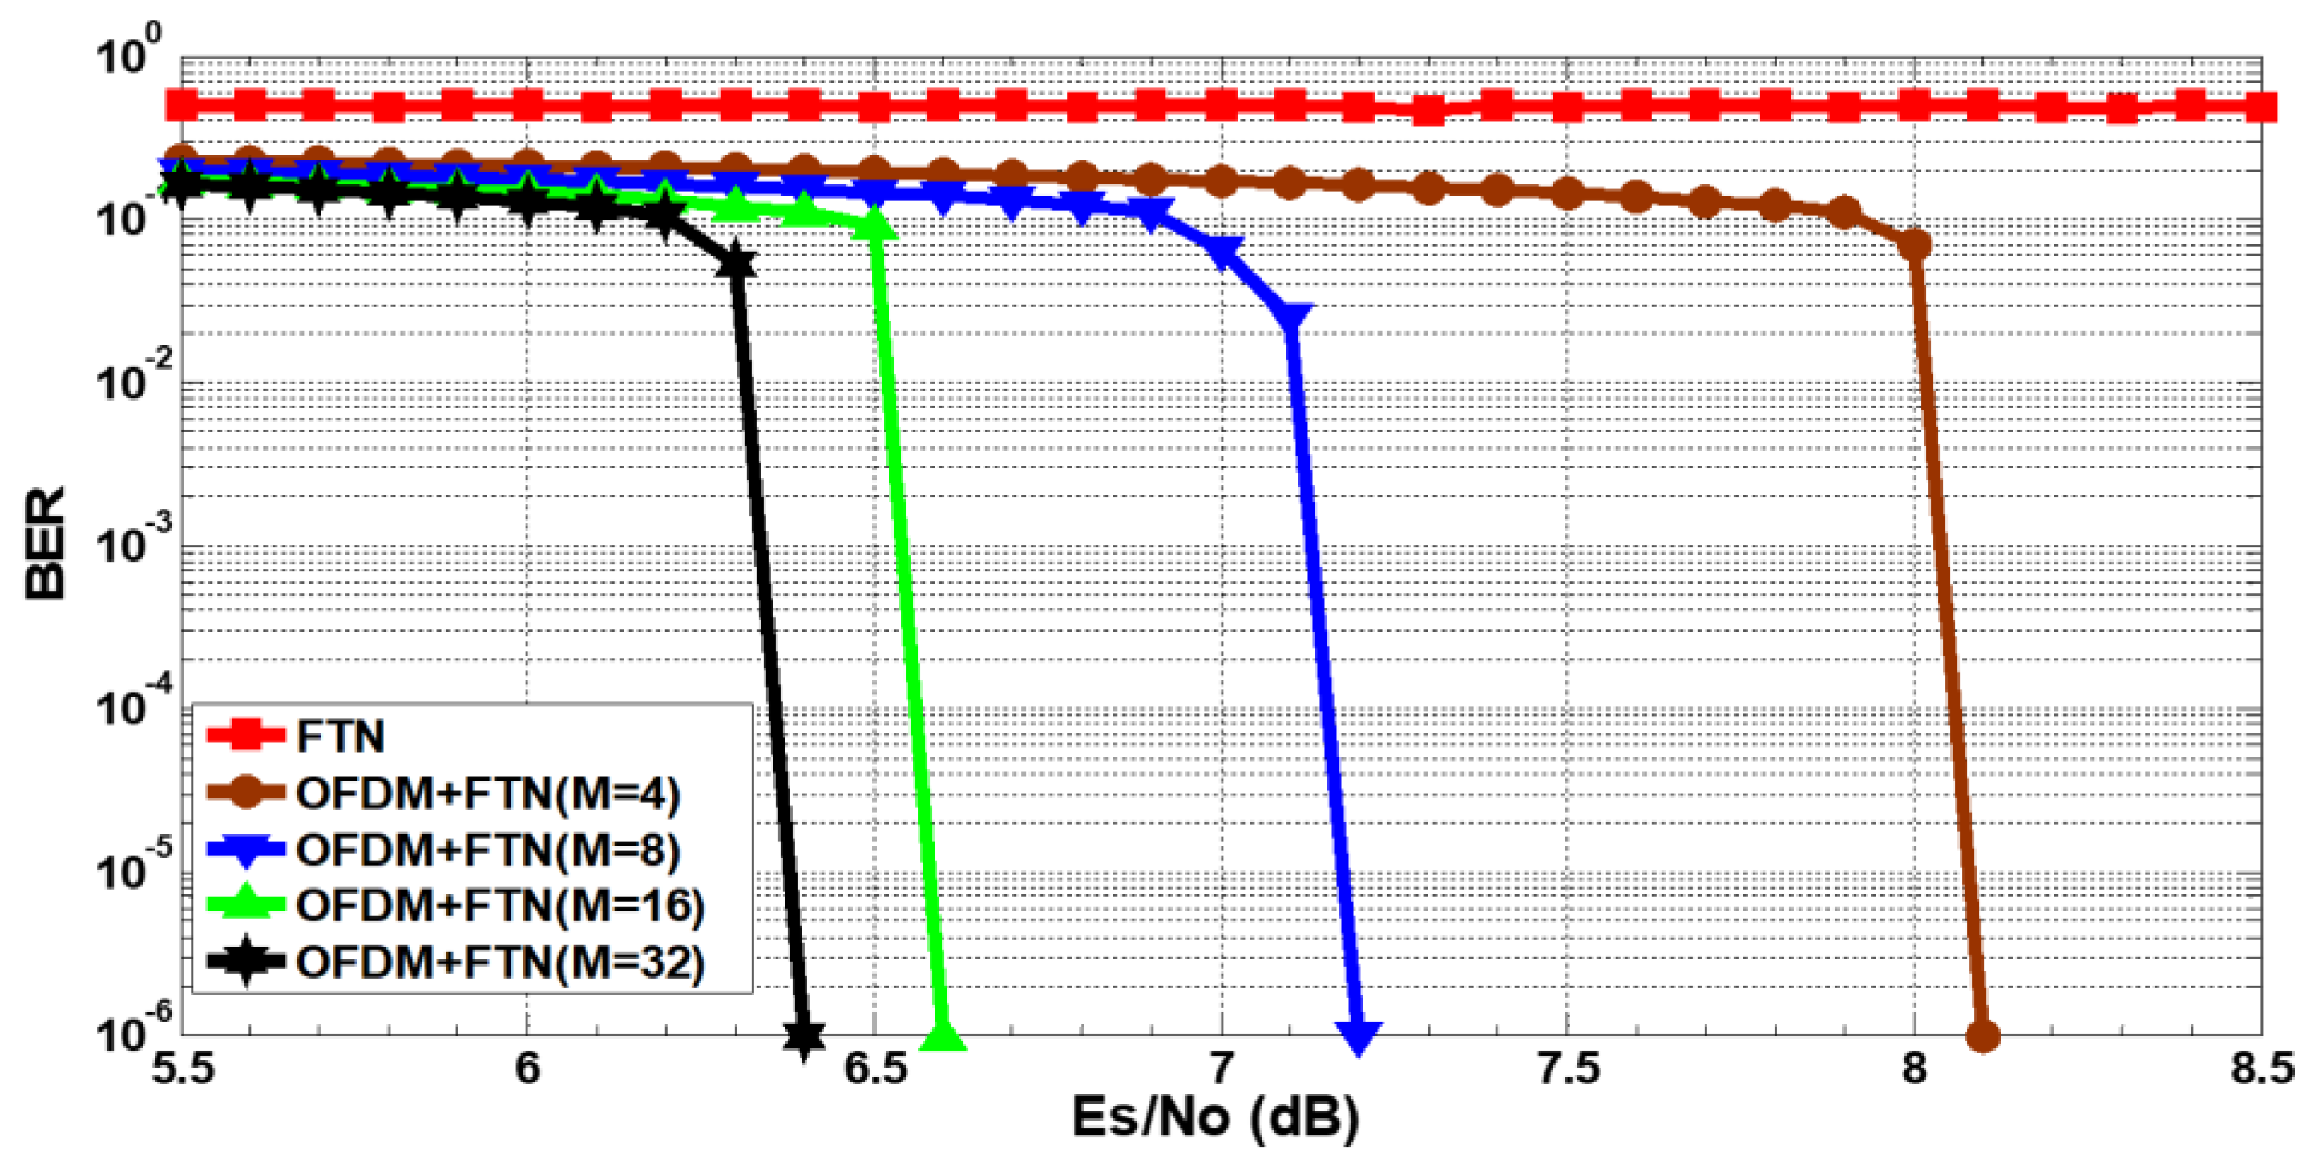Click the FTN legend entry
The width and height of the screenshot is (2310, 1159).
(x=340, y=737)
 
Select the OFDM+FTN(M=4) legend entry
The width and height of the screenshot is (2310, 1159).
(x=488, y=793)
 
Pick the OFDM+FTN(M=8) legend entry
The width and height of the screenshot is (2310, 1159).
(x=488, y=850)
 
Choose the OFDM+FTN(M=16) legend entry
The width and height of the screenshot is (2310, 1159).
(x=500, y=906)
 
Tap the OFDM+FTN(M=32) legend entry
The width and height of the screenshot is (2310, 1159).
(x=500, y=963)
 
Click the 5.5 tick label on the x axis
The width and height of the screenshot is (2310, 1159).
(x=183, y=1069)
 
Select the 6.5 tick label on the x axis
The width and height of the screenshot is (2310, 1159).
(x=875, y=1069)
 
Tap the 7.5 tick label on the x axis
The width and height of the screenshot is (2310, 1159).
(x=1568, y=1069)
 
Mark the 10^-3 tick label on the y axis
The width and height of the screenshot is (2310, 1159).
(x=128, y=543)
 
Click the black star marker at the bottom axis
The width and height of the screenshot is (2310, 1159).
(x=805, y=1036)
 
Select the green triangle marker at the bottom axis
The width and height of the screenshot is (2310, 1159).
(x=943, y=1036)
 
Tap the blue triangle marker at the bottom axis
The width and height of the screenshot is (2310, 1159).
(x=1359, y=1036)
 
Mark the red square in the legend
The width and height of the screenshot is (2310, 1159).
(x=244, y=737)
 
